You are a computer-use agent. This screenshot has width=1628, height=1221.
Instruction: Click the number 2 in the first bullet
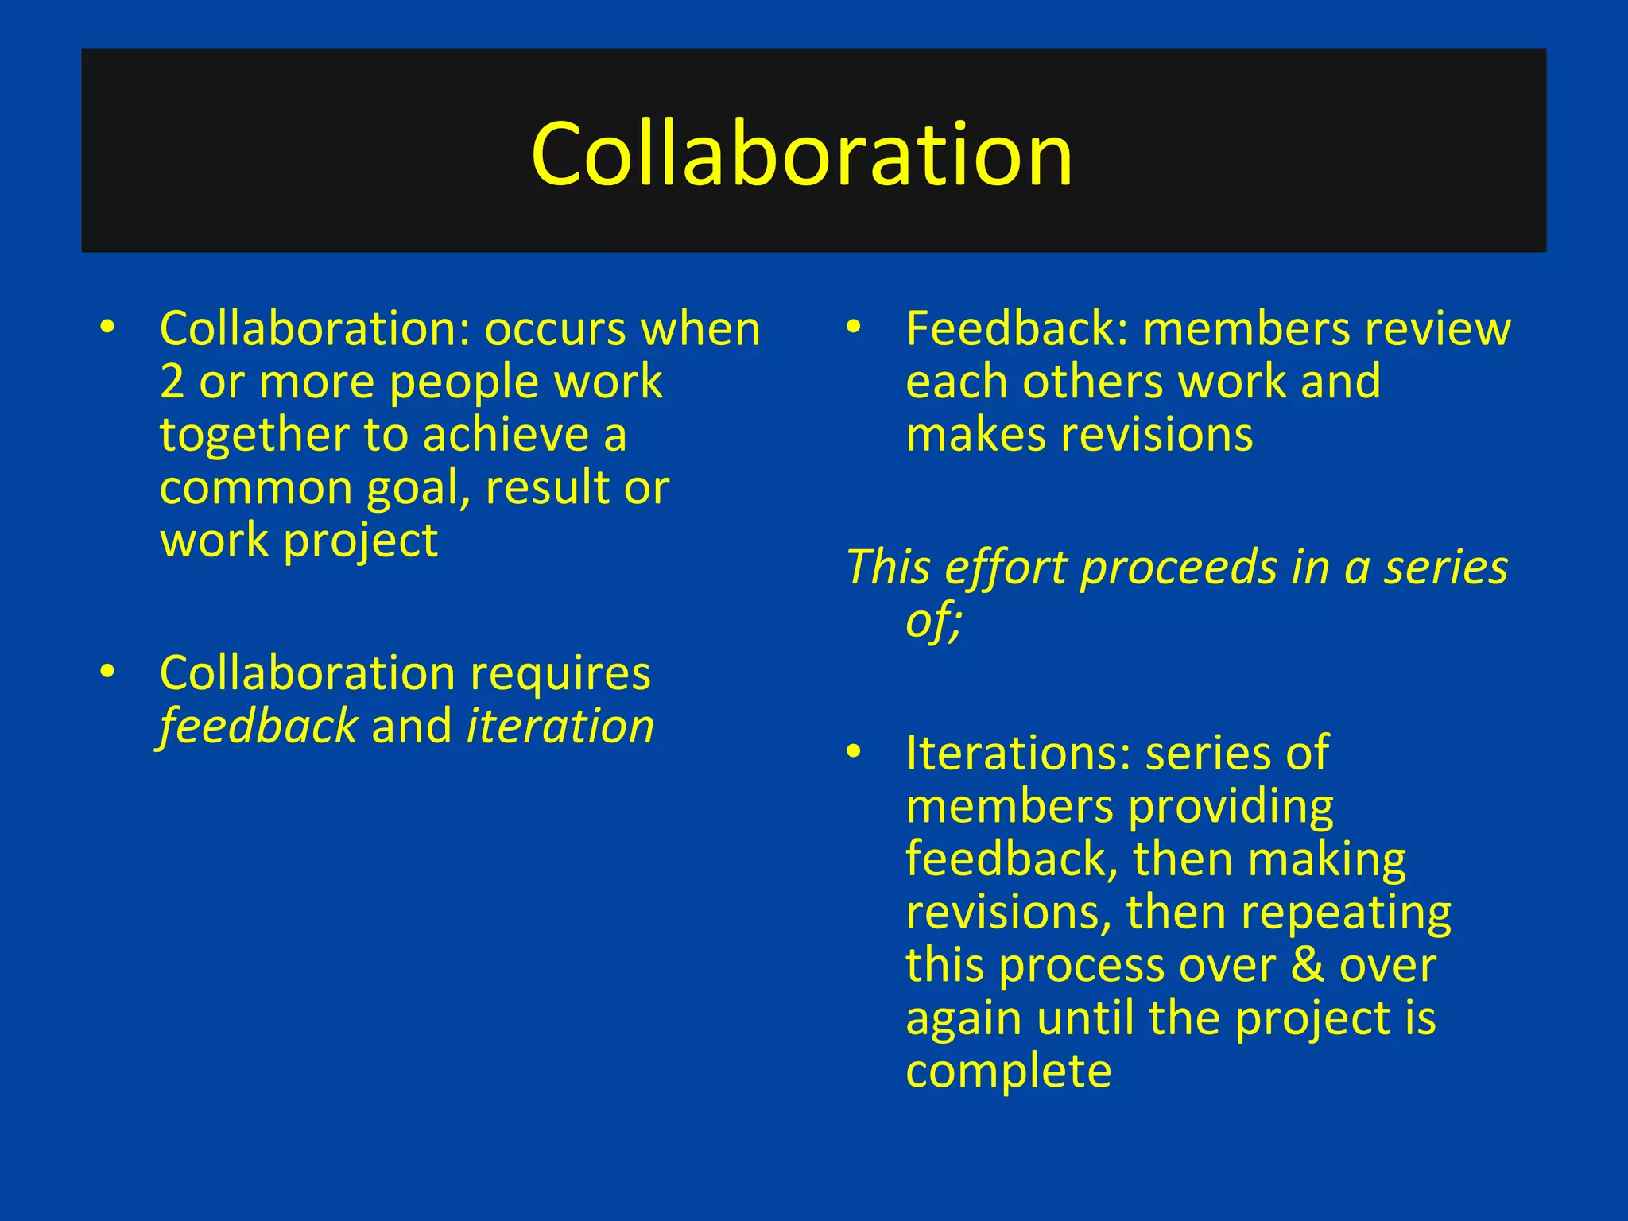tap(172, 382)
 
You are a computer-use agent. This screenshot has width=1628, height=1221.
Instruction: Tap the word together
tap(254, 436)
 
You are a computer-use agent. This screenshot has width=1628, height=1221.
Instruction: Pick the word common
tap(256, 489)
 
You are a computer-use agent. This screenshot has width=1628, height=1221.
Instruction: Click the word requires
tap(560, 674)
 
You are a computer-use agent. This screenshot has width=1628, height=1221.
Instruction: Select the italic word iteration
tap(560, 727)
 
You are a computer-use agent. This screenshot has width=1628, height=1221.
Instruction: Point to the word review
tap(1437, 329)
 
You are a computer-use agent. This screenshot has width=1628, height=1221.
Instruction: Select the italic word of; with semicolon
tap(933, 621)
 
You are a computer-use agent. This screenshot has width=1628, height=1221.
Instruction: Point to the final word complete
tap(1008, 1072)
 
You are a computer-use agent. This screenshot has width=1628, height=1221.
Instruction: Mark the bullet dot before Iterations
tap(854, 752)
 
